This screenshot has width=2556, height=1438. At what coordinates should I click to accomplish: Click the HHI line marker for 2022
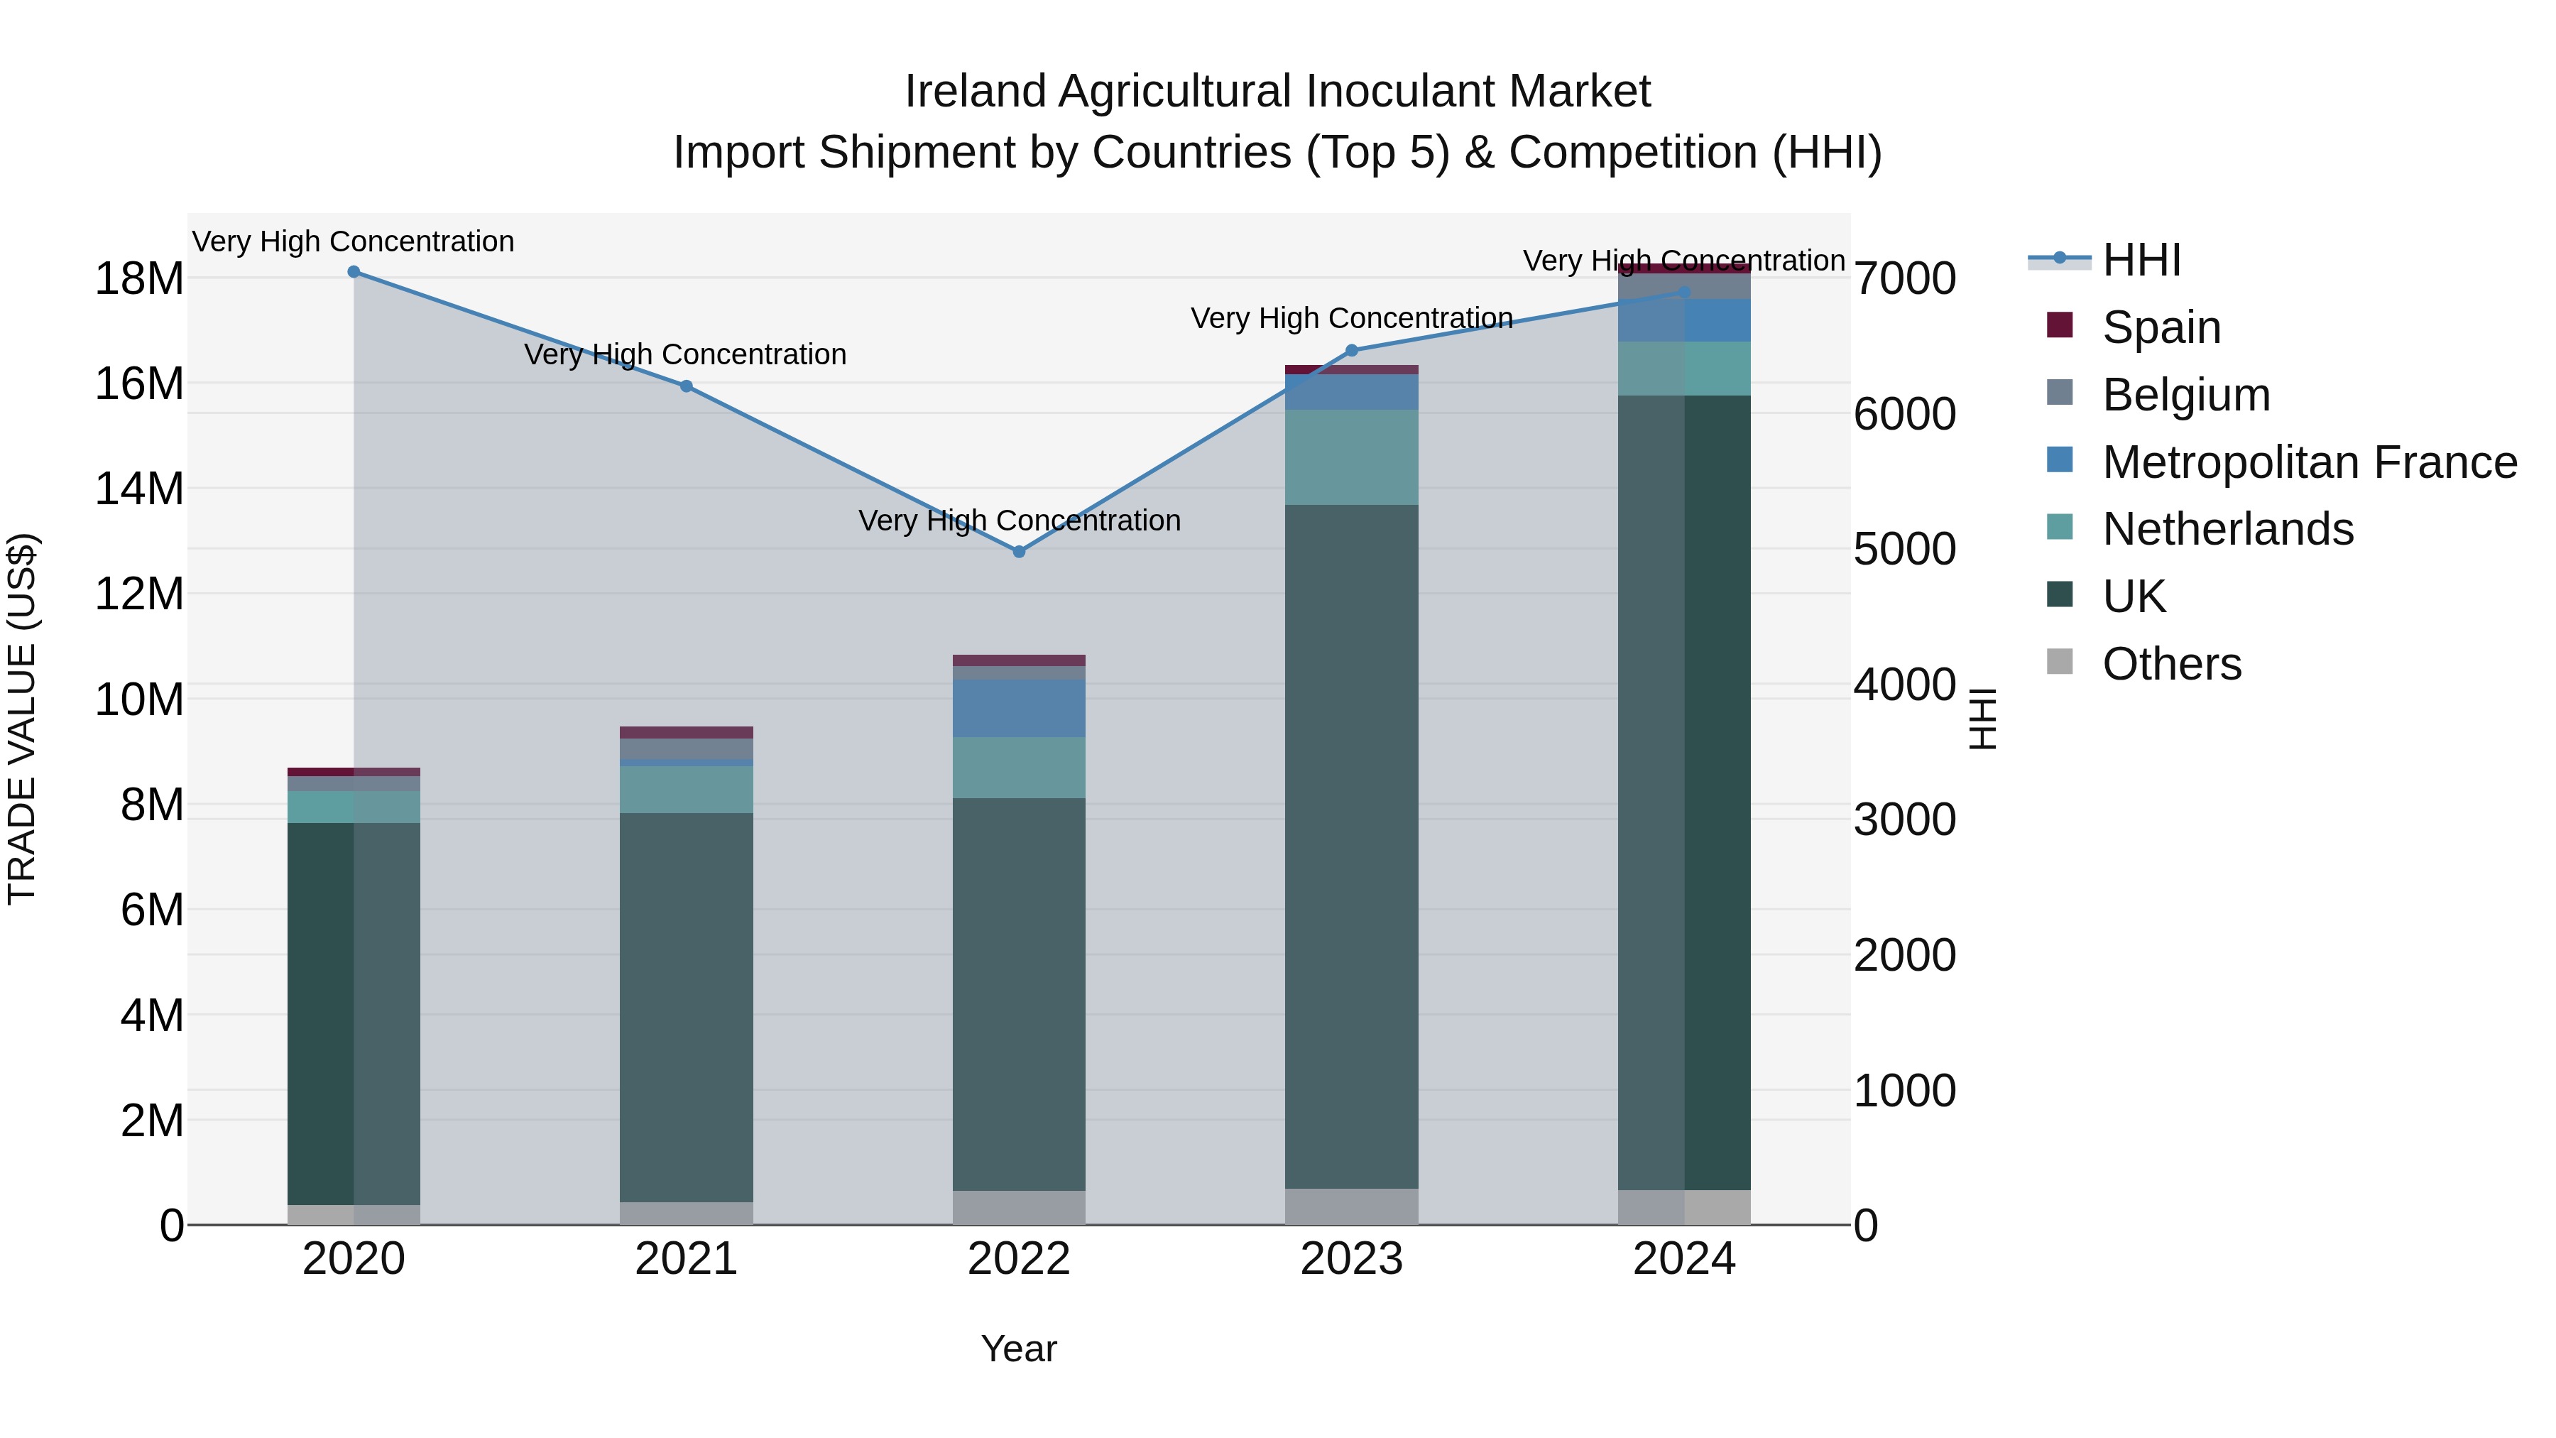point(1019,552)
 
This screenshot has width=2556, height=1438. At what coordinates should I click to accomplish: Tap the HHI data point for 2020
point(354,272)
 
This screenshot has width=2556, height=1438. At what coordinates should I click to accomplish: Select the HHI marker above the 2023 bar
point(1351,350)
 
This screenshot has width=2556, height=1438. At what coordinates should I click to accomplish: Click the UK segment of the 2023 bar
point(1351,844)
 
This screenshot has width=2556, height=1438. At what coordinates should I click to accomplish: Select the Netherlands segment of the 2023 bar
point(1351,457)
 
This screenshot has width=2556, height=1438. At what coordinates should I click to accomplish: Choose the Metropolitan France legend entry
point(2308,462)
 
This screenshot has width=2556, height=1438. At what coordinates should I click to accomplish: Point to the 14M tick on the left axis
point(140,489)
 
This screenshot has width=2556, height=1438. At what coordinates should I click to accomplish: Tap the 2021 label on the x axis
point(686,1259)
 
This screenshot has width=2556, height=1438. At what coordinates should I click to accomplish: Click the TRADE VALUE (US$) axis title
point(22,719)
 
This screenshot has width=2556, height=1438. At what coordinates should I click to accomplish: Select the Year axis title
point(1019,1349)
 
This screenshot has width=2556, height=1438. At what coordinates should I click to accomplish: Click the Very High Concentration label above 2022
point(1019,521)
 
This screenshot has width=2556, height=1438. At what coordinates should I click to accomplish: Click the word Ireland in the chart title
point(976,92)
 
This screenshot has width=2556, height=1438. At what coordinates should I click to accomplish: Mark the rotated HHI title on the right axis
point(1982,719)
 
